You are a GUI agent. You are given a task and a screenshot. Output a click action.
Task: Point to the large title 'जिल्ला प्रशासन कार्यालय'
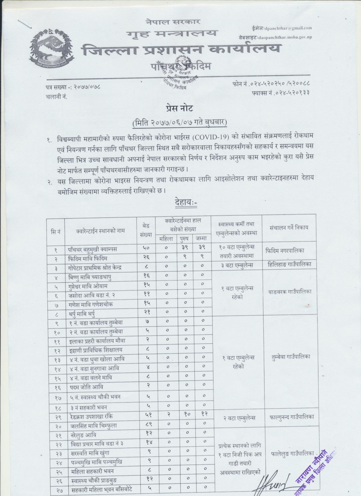[x=181, y=50]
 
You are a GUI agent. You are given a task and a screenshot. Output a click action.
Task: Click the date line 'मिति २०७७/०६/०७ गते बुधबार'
[x=180, y=123]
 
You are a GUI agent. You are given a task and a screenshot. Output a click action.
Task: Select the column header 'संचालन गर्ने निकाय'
[x=289, y=227]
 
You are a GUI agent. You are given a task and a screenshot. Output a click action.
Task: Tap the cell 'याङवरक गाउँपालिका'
[x=290, y=292]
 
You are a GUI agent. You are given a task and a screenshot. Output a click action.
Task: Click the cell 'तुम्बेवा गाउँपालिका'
[x=290, y=357]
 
